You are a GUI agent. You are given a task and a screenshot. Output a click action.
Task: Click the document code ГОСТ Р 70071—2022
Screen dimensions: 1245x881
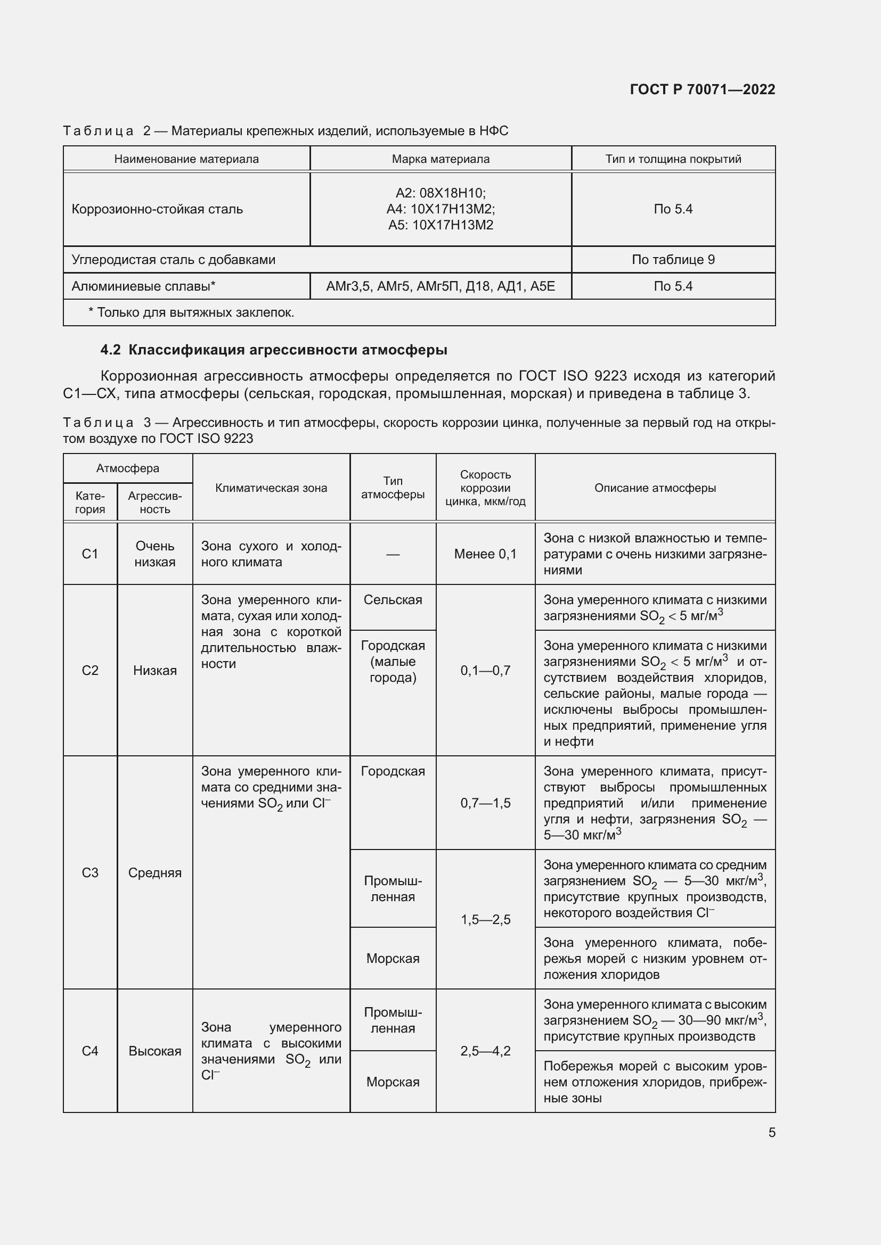pyautogui.click(x=702, y=89)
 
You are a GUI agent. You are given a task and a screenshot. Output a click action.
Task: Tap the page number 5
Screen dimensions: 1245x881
pyautogui.click(x=771, y=1132)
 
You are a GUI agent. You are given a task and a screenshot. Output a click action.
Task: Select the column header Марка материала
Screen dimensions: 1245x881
pyautogui.click(x=440, y=159)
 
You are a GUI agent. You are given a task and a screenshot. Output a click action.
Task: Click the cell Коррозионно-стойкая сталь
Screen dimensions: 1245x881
pyautogui.click(x=157, y=209)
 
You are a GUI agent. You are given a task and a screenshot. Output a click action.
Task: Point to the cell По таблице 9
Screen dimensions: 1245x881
pyautogui.click(x=673, y=260)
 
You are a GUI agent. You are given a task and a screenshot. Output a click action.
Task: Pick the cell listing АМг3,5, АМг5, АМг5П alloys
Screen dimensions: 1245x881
pyautogui.click(x=440, y=286)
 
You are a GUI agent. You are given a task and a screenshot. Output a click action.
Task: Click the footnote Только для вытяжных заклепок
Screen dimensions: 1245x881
pyautogui.click(x=191, y=313)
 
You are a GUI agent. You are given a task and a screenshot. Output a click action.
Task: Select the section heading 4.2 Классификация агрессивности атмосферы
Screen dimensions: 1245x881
pyautogui.click(x=273, y=350)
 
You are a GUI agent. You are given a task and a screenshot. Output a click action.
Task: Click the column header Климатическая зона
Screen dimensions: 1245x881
pyautogui.click(x=271, y=488)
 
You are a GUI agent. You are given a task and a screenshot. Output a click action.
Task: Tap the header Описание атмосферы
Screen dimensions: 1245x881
pyautogui.click(x=655, y=488)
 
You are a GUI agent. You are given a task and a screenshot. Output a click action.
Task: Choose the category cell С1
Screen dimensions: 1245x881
pyautogui.click(x=90, y=554)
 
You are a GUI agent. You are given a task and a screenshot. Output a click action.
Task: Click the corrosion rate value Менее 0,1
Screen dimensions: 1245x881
pyautogui.click(x=485, y=554)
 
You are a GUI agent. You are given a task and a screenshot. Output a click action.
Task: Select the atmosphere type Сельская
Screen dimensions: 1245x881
pyautogui.click(x=393, y=600)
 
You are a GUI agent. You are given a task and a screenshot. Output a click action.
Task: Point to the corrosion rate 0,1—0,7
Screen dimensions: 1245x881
pyautogui.click(x=485, y=670)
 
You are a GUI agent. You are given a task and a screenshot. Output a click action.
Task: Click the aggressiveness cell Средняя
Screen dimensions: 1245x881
pyautogui.click(x=154, y=872)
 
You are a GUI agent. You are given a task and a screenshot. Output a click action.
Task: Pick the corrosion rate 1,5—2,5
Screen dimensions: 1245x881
pyautogui.click(x=485, y=919)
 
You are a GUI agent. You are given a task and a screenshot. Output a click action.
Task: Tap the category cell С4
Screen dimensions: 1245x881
pyautogui.click(x=90, y=1051)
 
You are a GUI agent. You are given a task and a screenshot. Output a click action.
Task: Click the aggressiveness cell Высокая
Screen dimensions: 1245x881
pyautogui.click(x=154, y=1051)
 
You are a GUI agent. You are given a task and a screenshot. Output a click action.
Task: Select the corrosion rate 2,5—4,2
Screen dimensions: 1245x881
pyautogui.click(x=485, y=1051)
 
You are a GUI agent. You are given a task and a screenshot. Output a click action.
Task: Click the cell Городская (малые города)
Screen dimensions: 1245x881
pyautogui.click(x=393, y=662)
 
